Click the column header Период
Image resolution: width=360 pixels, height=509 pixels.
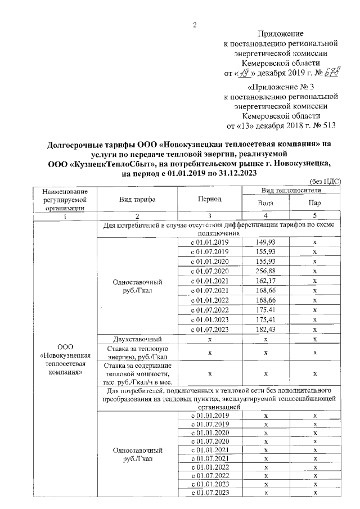point(209,199)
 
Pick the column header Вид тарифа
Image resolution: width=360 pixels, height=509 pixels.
point(137,199)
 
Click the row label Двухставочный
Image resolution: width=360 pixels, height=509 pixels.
point(137,339)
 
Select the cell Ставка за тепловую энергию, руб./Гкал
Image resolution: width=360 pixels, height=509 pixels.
point(137,353)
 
